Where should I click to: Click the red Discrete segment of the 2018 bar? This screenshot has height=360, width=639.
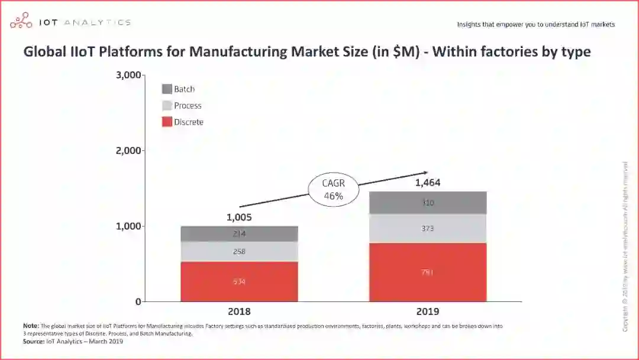tap(239, 282)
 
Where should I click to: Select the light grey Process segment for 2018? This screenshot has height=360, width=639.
tap(239, 252)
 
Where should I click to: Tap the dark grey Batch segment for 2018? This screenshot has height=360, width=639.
tap(239, 234)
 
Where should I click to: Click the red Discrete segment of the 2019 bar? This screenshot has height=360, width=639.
tap(428, 272)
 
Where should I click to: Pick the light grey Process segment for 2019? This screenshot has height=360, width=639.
tap(428, 229)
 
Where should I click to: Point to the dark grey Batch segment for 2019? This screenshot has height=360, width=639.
tap(428, 203)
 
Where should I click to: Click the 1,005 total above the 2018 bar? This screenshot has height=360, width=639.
tap(239, 217)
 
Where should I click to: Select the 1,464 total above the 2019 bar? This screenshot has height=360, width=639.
tap(428, 183)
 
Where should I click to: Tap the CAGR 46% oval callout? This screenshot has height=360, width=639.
tap(334, 189)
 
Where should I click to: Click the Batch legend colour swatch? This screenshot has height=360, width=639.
tap(167, 89)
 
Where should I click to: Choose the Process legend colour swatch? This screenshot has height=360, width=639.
tap(167, 106)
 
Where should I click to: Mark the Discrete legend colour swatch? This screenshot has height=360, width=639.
tap(167, 123)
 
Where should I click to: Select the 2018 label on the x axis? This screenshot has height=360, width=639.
tap(239, 311)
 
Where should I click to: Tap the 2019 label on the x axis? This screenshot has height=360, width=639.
tap(428, 311)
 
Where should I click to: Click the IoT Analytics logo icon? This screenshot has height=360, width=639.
tap(21, 22)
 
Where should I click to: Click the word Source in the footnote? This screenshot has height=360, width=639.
tap(34, 341)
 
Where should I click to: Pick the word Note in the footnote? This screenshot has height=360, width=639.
tap(31, 326)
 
